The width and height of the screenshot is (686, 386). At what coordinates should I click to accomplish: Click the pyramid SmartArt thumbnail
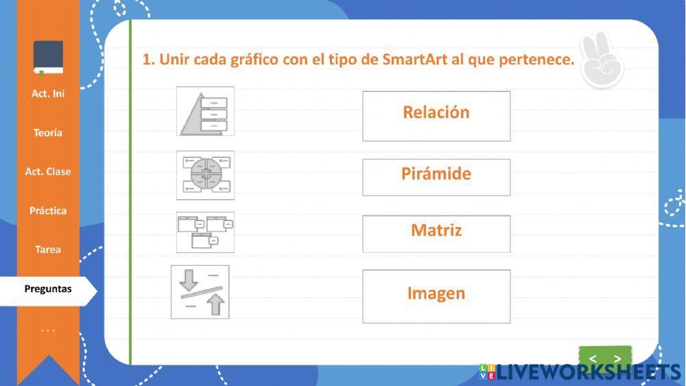click(x=205, y=111)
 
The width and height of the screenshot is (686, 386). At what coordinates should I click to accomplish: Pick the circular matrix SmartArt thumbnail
click(x=205, y=175)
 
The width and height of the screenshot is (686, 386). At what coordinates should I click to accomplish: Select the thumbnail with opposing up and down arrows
click(x=200, y=292)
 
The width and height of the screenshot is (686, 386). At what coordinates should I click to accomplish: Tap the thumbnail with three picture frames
click(x=205, y=232)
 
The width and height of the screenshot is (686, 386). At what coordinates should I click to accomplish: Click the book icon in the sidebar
click(x=48, y=58)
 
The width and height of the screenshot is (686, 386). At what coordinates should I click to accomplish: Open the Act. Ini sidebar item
click(x=48, y=93)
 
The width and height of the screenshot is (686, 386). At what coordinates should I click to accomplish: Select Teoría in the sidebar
click(x=48, y=133)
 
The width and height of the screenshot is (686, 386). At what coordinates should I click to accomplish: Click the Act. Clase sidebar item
click(x=48, y=172)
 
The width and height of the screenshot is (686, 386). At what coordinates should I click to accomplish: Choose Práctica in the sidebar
click(x=48, y=211)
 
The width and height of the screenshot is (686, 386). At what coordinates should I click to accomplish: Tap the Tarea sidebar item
click(x=48, y=250)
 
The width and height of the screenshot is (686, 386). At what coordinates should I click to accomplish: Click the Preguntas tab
click(x=48, y=289)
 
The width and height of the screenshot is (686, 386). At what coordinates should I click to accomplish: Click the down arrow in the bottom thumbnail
click(x=188, y=280)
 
